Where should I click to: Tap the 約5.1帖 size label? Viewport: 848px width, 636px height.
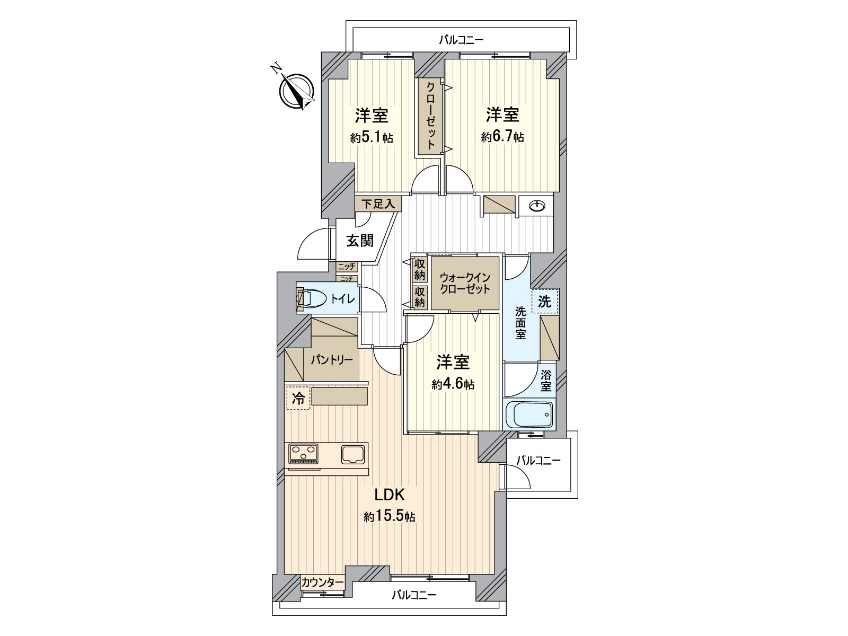372,138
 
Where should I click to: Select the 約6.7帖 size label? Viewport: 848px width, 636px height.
502,137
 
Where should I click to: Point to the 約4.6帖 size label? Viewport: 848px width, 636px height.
453,384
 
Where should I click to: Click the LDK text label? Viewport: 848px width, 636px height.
390,494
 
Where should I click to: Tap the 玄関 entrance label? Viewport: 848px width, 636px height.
360,241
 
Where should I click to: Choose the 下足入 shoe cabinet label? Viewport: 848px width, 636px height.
378,204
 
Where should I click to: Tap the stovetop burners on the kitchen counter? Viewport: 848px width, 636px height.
304,454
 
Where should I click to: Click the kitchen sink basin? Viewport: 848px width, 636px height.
353,454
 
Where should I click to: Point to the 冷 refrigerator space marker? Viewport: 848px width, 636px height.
298,398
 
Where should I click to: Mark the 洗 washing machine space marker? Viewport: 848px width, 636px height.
545,301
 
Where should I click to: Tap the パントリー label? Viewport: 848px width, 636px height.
332,360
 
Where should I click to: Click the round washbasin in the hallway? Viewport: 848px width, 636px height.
536,207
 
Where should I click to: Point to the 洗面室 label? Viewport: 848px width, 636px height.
520,323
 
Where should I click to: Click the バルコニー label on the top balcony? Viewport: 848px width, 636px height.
461,40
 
